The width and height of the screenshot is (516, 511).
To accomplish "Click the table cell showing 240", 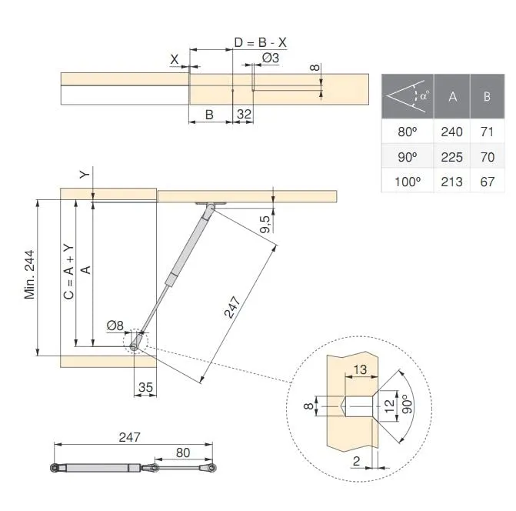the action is (452, 132).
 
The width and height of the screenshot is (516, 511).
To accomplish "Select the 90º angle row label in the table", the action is (407, 157).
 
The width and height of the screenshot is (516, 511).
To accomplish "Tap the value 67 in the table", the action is (487, 182).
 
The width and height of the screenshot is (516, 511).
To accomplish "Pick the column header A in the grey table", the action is (452, 96).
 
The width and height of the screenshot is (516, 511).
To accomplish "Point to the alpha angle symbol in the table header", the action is (424, 95).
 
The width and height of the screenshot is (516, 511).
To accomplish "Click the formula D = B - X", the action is (260, 42).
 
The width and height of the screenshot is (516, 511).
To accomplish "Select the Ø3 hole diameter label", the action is (271, 58).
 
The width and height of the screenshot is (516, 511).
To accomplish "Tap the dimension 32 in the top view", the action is (244, 114).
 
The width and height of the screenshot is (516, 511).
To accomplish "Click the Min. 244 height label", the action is (29, 275).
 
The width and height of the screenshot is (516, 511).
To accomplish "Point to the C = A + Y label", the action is (68, 272).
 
